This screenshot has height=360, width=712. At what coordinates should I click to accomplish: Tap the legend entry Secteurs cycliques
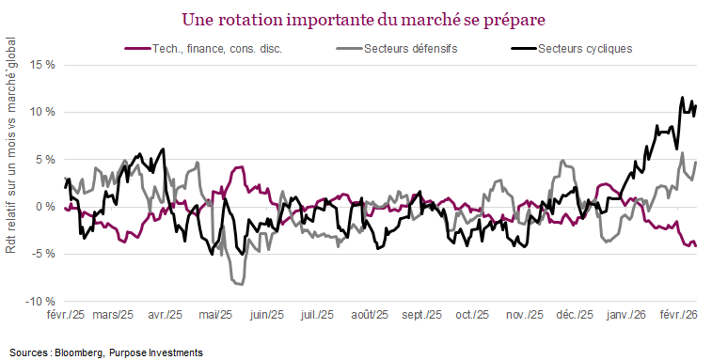[x=585, y=48]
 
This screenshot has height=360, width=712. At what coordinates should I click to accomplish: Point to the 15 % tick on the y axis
[x=41, y=65]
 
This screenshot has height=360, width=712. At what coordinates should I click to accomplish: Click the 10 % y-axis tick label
[x=41, y=112]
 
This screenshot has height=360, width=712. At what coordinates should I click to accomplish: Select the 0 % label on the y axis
[x=44, y=207]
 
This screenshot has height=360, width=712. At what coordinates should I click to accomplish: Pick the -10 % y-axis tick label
[x=40, y=302]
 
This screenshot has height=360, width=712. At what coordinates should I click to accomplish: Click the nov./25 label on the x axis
[x=521, y=315]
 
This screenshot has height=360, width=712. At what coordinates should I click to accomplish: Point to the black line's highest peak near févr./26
[x=682, y=97]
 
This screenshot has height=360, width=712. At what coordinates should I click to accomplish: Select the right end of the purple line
[x=695, y=244]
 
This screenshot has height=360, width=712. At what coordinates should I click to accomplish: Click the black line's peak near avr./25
[x=164, y=149]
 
